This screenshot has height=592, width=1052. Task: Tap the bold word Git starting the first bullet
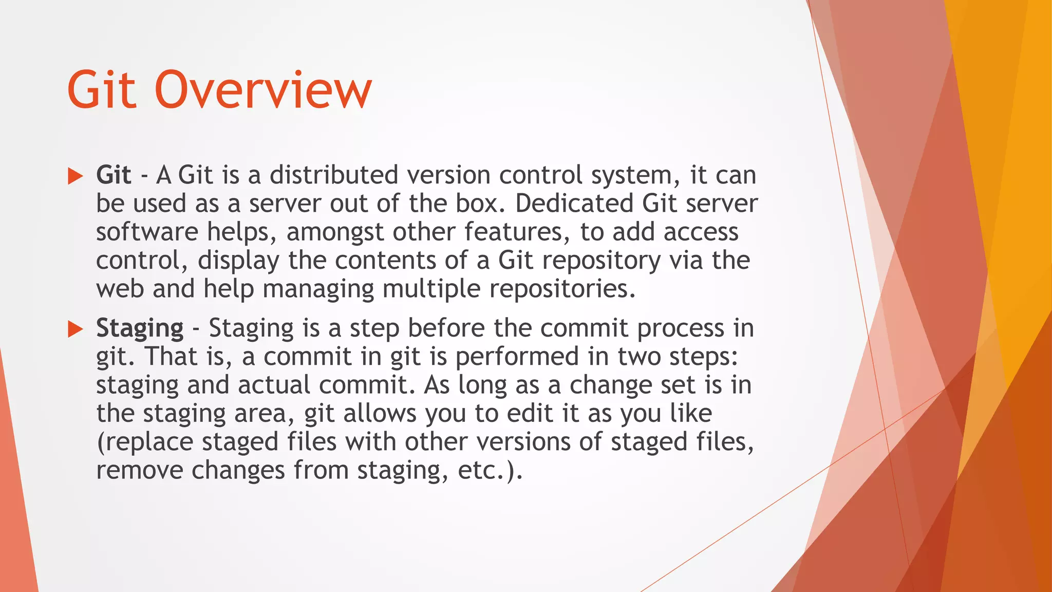click(114, 175)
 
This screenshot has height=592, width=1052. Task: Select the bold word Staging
click(140, 328)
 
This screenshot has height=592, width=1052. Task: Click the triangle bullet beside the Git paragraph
click(76, 176)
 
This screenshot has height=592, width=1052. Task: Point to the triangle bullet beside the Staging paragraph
click(76, 329)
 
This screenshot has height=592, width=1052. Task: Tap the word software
click(147, 232)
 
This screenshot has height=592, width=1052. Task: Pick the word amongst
click(335, 232)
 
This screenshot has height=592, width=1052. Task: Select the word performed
click(517, 356)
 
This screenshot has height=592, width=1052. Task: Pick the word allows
click(380, 413)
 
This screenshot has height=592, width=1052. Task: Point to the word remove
click(139, 470)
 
